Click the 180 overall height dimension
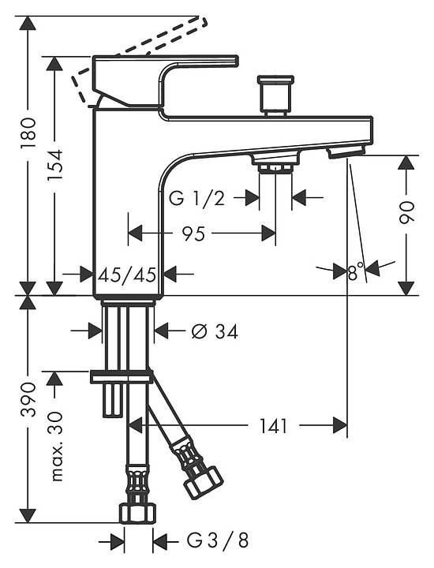tap(28, 132)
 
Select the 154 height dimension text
tap(54, 165)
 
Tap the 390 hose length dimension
tap(28, 399)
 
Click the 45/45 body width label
tap(127, 275)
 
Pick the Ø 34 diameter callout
tap(215, 331)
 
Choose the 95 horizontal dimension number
tap(193, 234)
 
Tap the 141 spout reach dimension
tap(274, 426)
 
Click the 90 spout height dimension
tap(406, 212)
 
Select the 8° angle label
tap(356, 271)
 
